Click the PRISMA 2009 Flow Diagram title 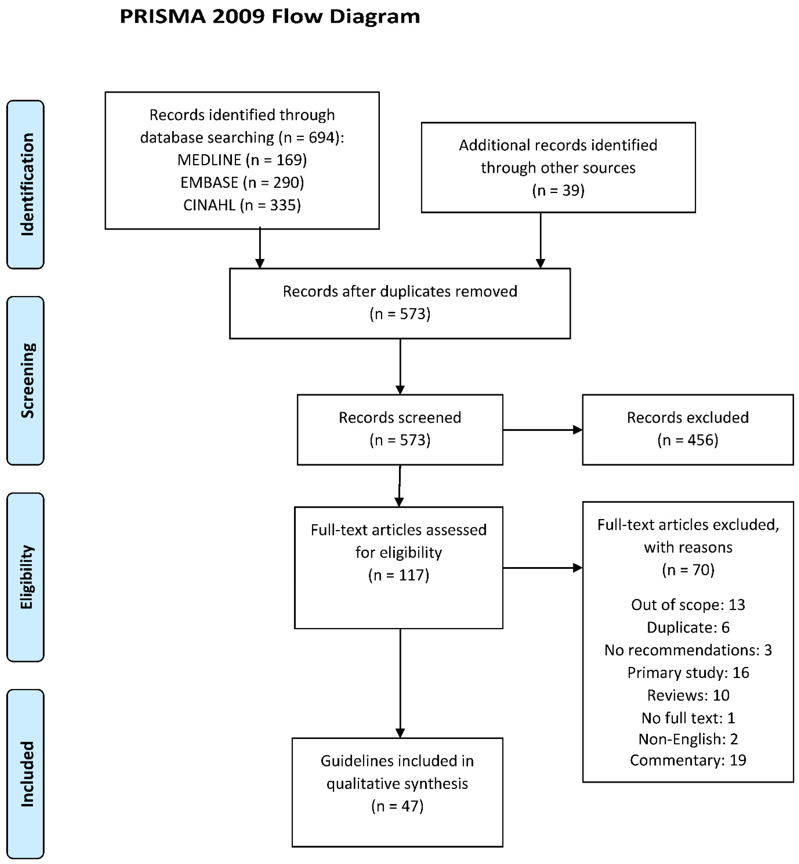[270, 16]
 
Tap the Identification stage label [26, 185]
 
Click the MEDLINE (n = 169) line [242, 160]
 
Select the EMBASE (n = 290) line [242, 182]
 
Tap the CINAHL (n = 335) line [242, 205]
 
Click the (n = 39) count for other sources [558, 190]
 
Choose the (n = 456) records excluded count [688, 440]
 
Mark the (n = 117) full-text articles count [399, 575]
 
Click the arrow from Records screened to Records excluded [543, 430]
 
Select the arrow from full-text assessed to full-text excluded [543, 568]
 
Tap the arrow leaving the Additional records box [540, 240]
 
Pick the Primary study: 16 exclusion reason [688, 673]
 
